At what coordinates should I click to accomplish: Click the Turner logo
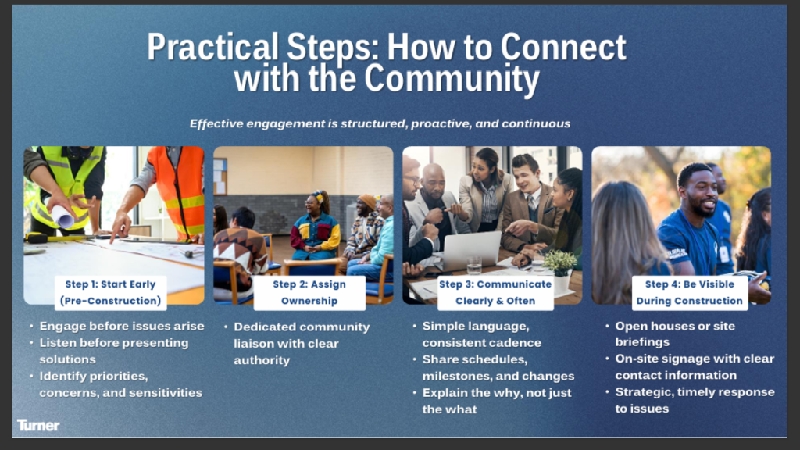pos(38,425)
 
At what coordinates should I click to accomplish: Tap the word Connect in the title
pos(563,47)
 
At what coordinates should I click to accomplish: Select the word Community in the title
pos(452,79)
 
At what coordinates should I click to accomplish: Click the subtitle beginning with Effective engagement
pos(380,123)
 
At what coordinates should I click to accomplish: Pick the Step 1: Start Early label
pos(110,292)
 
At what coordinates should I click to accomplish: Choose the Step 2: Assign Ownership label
pos(309,292)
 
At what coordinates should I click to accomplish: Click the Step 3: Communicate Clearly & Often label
pos(495,292)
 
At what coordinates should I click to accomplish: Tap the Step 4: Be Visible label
pos(689,292)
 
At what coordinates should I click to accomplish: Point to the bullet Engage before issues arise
pos(121,326)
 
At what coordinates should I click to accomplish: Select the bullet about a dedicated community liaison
pos(301,344)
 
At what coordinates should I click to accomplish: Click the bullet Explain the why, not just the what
pos(496,401)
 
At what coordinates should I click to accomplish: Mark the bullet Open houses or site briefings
pos(674,334)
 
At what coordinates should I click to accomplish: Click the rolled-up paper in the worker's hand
pos(62,216)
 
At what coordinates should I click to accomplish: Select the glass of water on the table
pos(474,266)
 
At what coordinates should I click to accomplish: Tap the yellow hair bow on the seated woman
pos(319,195)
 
